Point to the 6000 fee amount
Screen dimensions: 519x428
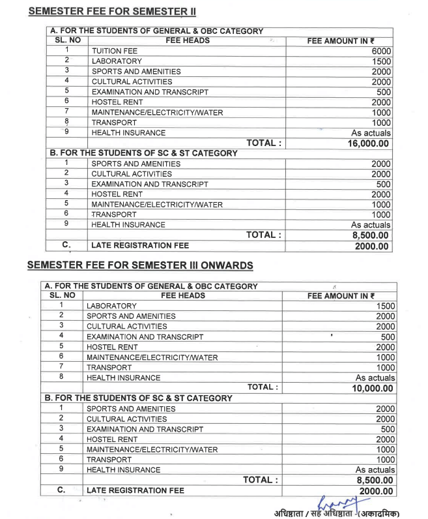point(381,51)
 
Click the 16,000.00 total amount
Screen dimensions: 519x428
point(369,143)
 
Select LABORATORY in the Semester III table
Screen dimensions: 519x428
point(111,306)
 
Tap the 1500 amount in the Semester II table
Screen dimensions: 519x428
point(381,61)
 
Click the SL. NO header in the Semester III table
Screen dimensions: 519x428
point(60,295)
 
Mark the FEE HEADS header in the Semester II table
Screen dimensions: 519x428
point(186,40)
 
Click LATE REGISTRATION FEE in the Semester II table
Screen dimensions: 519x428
point(138,246)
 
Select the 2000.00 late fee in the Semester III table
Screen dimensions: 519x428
point(374,490)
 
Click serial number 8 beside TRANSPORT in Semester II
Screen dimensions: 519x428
point(66,122)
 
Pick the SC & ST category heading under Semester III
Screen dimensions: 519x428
point(138,398)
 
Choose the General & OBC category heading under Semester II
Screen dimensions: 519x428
point(156,31)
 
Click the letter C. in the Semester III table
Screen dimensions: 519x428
point(61,490)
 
